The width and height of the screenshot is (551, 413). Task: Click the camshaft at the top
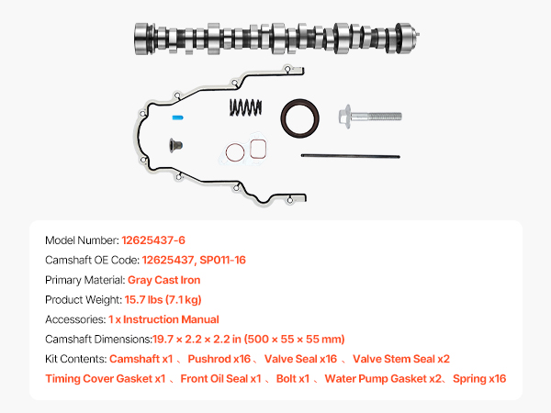(x=276, y=39)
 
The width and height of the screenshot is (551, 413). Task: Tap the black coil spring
(x=245, y=107)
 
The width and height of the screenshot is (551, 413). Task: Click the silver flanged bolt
(x=370, y=117)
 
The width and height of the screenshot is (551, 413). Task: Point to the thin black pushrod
(x=351, y=156)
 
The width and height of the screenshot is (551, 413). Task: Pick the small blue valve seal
(x=177, y=117)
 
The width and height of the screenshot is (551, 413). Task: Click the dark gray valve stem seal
(x=175, y=145)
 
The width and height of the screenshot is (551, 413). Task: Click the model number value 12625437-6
(x=153, y=240)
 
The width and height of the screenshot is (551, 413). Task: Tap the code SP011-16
(x=223, y=260)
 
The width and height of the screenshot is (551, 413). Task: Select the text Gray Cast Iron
(x=164, y=280)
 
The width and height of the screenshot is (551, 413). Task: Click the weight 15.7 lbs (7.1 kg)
(x=163, y=299)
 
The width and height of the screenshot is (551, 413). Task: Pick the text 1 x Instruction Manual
(x=163, y=319)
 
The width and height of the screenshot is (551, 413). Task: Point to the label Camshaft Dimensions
(x=98, y=340)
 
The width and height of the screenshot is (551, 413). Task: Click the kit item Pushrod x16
(x=219, y=359)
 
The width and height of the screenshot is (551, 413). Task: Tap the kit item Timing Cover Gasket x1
(x=106, y=378)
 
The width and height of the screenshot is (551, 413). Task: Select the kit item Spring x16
(x=479, y=378)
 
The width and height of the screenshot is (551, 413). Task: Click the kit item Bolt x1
(x=293, y=378)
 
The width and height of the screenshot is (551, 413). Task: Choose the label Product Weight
(x=84, y=299)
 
